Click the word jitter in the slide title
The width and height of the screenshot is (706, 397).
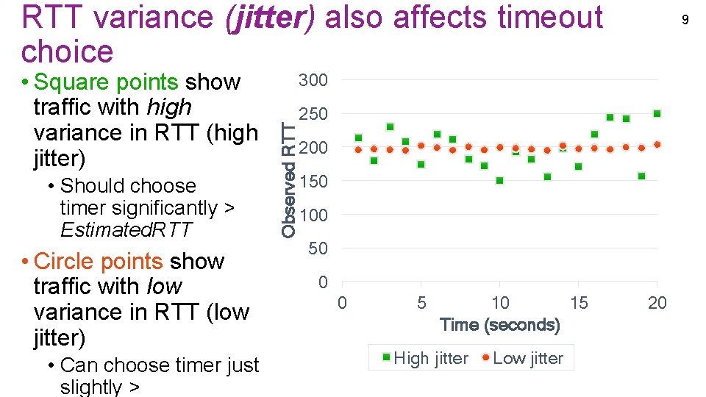267,18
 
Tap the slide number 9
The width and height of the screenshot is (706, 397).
685,20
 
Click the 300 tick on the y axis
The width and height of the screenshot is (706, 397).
313,80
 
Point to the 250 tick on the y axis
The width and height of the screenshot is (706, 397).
313,114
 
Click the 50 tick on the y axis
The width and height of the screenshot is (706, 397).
318,249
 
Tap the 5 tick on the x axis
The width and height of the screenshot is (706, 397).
421,302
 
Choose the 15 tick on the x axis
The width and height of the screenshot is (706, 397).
579,302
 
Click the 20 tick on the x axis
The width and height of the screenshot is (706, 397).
657,302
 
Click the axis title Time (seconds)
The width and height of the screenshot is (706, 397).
499,324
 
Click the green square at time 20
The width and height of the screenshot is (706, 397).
657,114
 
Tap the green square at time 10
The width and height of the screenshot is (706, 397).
500,181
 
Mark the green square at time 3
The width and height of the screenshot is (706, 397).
390,127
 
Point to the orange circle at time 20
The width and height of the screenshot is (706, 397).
657,144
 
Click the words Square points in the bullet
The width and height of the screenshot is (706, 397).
106,82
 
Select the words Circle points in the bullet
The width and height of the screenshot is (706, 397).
99,261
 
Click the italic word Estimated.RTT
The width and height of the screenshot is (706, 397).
126,230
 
